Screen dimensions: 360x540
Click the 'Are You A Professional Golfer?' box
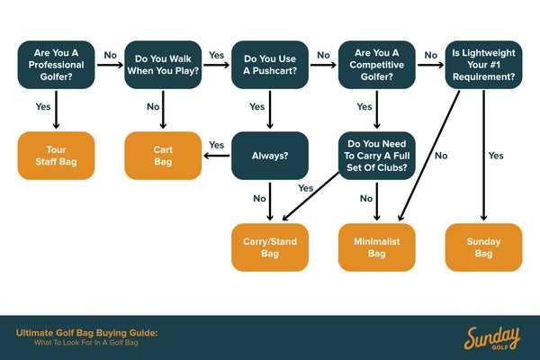(x=56, y=64)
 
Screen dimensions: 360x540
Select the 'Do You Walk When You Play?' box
(x=163, y=64)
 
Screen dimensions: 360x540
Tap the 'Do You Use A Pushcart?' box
(x=270, y=64)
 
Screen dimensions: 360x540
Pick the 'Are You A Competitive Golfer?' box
(x=377, y=64)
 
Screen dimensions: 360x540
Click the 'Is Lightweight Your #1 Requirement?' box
(x=483, y=64)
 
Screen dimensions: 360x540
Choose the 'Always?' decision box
(x=270, y=155)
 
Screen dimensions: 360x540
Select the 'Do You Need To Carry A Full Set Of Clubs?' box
(x=377, y=155)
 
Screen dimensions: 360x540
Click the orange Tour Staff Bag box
(x=56, y=155)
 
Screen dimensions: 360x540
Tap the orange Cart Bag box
(x=163, y=155)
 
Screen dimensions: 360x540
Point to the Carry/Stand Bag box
(x=270, y=247)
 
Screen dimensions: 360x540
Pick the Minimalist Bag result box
(x=377, y=247)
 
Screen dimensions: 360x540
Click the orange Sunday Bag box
(x=483, y=247)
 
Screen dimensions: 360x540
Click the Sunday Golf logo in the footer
(x=491, y=337)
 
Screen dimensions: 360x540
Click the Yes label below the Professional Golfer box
(x=43, y=106)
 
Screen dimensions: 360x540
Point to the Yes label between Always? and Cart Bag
(x=217, y=145)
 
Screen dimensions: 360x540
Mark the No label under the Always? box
(x=259, y=198)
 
